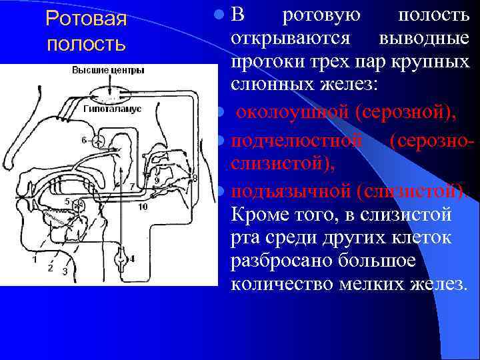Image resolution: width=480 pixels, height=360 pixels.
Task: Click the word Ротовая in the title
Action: pyautogui.click(x=86, y=19)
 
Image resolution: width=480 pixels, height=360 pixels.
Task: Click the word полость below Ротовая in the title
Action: pyautogui.click(x=86, y=44)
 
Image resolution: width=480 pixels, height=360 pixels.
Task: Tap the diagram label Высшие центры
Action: pyautogui.click(x=107, y=70)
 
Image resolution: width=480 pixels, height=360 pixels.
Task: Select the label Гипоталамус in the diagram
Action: pyautogui.click(x=112, y=108)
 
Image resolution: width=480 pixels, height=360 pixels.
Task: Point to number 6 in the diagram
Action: pyautogui.click(x=84, y=140)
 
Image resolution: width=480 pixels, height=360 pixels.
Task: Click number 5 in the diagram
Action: pyautogui.click(x=67, y=201)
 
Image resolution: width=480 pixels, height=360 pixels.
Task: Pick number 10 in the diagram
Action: pyautogui.click(x=143, y=207)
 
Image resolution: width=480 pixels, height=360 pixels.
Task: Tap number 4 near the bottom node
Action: pyautogui.click(x=131, y=259)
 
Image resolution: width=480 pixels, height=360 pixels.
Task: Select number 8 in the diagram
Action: pyautogui.click(x=195, y=177)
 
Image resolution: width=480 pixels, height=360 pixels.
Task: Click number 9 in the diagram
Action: pyautogui.click(x=157, y=180)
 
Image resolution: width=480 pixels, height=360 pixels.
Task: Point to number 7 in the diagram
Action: pyautogui.click(x=132, y=186)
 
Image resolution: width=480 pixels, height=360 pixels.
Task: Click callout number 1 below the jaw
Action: pyautogui.click(x=34, y=260)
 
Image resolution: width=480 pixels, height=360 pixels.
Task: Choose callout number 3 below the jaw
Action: pyautogui.click(x=64, y=271)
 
